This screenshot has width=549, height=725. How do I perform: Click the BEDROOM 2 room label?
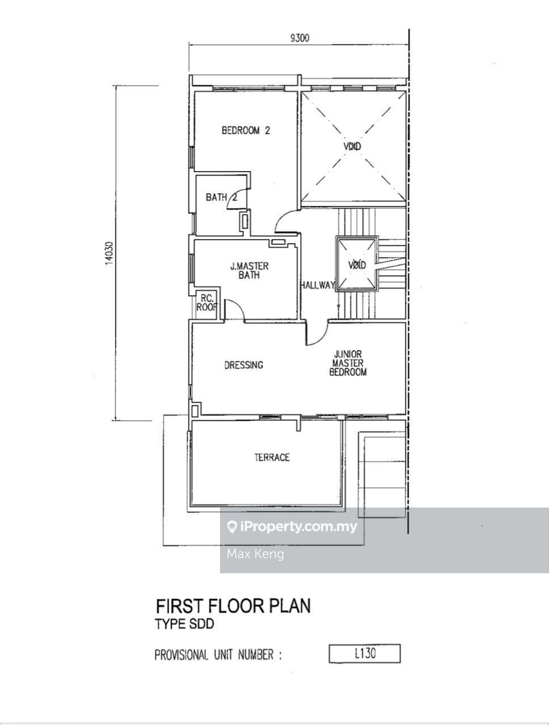pyautogui.click(x=246, y=130)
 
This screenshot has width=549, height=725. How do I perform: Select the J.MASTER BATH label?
pyautogui.click(x=250, y=271)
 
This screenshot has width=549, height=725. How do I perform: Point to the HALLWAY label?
pyautogui.click(x=318, y=285)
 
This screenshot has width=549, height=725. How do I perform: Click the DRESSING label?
pyautogui.click(x=244, y=365)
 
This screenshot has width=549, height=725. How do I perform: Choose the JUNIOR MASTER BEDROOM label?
pyautogui.click(x=348, y=363)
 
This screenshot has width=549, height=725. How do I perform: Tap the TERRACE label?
pyautogui.click(x=272, y=457)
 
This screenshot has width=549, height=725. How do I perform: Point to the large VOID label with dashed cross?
pyautogui.click(x=352, y=146)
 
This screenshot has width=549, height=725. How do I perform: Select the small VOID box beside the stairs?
pyautogui.click(x=357, y=265)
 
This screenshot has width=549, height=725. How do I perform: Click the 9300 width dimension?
pyautogui.click(x=299, y=39)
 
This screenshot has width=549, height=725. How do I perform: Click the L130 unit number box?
pyautogui.click(x=365, y=653)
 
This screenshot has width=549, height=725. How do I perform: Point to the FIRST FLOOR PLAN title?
pyautogui.click(x=233, y=606)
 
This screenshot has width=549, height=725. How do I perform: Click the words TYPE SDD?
pyautogui.click(x=185, y=624)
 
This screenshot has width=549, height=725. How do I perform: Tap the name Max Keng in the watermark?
pyautogui.click(x=255, y=554)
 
